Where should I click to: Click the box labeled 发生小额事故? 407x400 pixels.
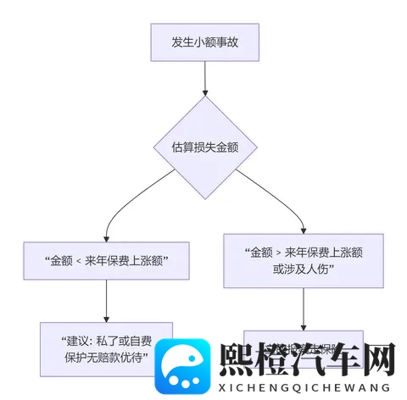(203, 42)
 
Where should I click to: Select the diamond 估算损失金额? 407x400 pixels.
(203, 146)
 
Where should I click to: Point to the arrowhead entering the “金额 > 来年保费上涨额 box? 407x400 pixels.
(304, 228)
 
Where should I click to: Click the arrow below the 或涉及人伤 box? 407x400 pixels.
(304, 309)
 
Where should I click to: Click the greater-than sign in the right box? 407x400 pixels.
(276, 253)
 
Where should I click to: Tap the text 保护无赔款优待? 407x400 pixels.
(107, 357)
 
